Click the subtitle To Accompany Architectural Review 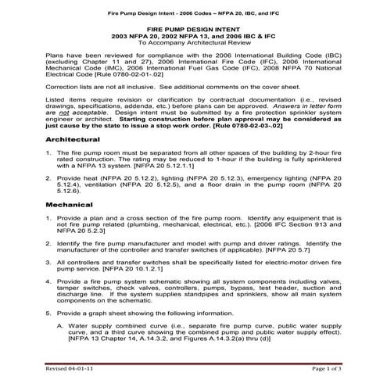click(x=193, y=44)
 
